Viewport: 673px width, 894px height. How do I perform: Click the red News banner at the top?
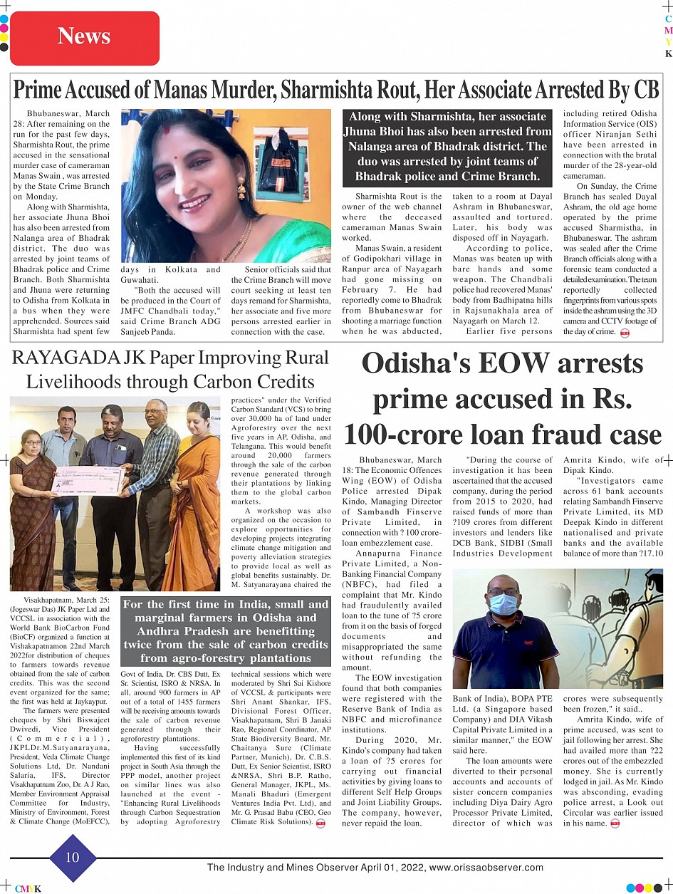click(x=84, y=37)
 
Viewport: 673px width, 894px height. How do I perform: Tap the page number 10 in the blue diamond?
click(x=73, y=857)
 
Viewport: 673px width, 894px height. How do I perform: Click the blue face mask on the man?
click(x=504, y=604)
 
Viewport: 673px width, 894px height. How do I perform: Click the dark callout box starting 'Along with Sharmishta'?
click(x=447, y=146)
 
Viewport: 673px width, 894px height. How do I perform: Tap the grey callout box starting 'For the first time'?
click(x=226, y=630)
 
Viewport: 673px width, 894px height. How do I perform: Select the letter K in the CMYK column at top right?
click(x=668, y=53)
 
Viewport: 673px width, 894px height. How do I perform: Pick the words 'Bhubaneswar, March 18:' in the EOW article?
click(x=401, y=465)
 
